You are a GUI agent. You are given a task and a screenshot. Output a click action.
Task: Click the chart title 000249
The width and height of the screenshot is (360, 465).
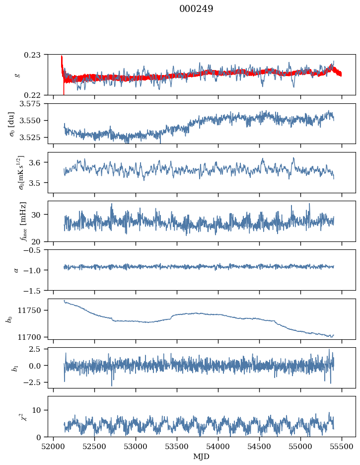click(x=196, y=9)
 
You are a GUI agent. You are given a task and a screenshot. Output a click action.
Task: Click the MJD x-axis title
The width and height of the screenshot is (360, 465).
click(x=202, y=456)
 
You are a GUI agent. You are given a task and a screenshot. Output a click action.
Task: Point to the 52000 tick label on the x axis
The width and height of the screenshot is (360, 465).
click(x=54, y=447)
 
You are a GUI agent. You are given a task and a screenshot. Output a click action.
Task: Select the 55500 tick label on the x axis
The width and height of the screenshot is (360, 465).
click(x=341, y=447)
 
